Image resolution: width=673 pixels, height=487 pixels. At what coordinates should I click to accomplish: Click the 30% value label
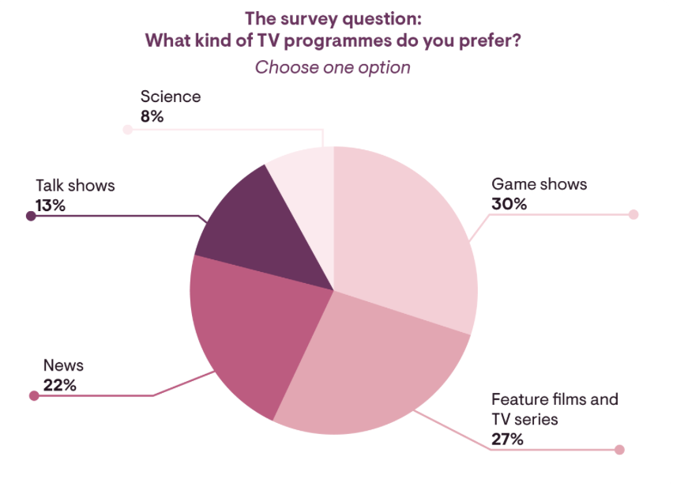coord(509,204)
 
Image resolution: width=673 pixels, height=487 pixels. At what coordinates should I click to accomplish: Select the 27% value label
coord(507,439)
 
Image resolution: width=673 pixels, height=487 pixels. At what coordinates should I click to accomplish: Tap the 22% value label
coord(59,386)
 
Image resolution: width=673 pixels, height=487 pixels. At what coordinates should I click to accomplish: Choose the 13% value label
coord(50,206)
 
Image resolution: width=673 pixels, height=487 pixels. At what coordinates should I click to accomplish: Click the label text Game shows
coord(540,184)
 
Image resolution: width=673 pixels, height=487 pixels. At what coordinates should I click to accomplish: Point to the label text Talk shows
coord(75,186)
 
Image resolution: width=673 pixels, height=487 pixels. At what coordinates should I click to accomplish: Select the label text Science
coord(171,97)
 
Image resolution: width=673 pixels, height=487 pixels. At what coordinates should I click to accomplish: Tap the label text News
coord(63,366)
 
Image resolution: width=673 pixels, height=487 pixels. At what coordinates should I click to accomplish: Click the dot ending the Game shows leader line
coord(633,214)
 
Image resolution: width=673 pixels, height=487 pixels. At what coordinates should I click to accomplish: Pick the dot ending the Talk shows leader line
coord(31,215)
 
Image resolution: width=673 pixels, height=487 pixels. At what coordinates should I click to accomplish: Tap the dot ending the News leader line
coord(33,396)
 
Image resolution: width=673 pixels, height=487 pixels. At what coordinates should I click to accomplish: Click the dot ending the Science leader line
coord(127,129)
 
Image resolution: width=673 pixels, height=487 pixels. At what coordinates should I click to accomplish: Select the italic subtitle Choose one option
coord(333,67)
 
